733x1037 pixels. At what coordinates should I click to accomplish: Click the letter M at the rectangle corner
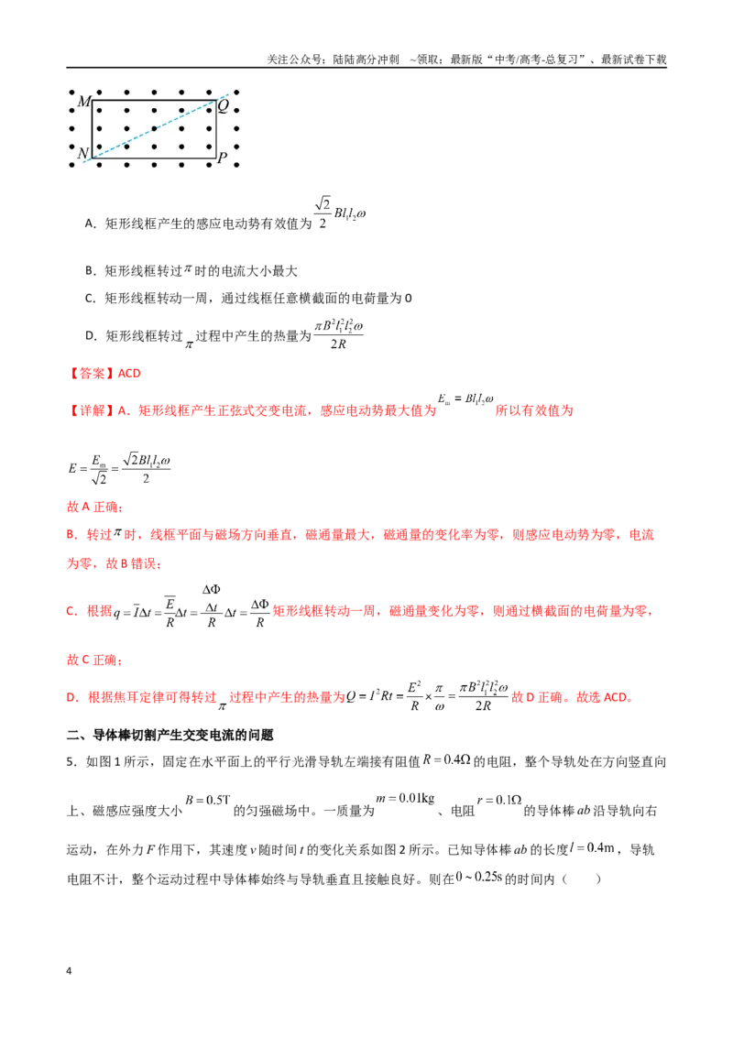tap(84, 101)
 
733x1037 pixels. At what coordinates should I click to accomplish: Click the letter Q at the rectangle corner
tap(224, 105)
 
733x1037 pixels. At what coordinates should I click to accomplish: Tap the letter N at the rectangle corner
tap(83, 153)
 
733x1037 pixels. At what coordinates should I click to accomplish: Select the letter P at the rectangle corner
tap(223, 158)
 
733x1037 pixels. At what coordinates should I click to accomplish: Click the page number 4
tap(69, 971)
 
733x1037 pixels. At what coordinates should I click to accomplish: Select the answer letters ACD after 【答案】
tap(129, 374)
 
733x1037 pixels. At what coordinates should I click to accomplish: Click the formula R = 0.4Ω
tap(446, 760)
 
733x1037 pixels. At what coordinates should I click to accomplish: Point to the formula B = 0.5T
tap(207, 800)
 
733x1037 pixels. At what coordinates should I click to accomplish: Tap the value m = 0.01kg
tap(405, 798)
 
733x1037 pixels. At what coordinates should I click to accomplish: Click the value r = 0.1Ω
tap(499, 801)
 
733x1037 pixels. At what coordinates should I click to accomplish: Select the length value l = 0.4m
tap(592, 848)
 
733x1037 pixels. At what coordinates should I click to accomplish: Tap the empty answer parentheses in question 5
tap(582, 879)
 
